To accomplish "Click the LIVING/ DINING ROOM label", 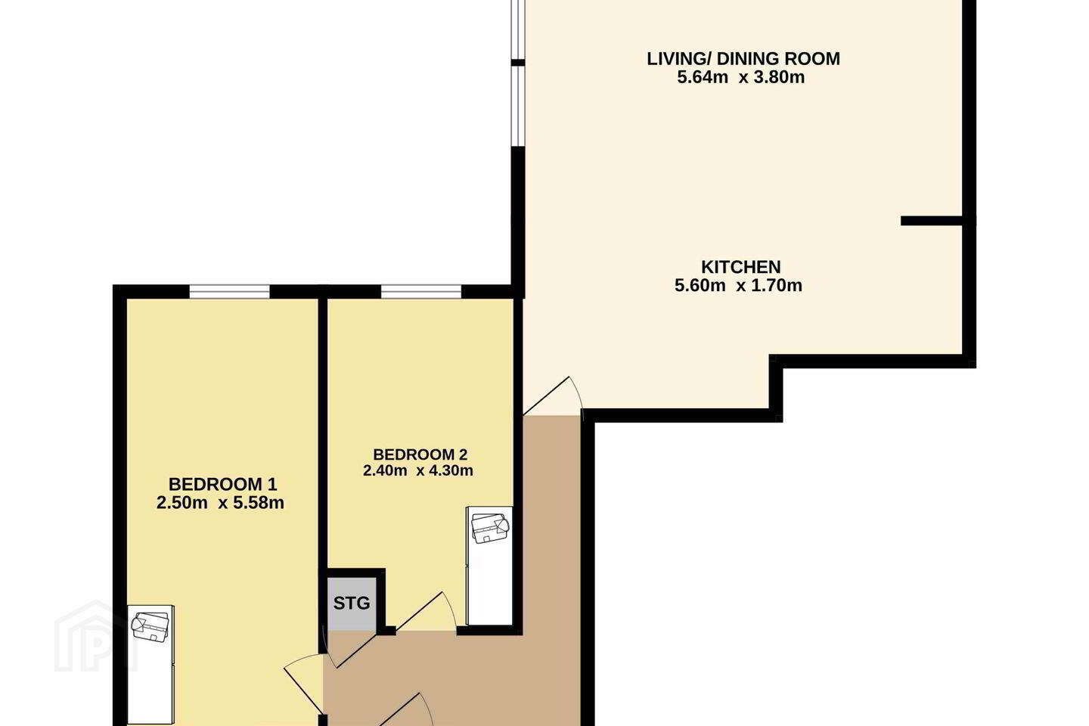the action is point(743,59).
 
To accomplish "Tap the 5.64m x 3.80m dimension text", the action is point(741,77).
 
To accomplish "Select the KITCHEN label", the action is point(741,267).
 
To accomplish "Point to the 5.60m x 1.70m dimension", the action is point(738,285).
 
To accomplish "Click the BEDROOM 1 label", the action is point(222,484).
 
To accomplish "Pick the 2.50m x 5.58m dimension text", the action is point(220,503).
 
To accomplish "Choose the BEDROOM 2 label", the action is point(420,455).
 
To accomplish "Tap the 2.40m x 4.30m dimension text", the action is point(418,470).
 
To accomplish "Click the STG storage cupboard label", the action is point(352,603).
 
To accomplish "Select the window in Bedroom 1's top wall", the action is point(229,292).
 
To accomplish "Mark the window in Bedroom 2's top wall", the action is point(421,292).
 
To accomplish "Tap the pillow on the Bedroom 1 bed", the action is point(150,628).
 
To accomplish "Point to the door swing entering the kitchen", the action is point(554,396).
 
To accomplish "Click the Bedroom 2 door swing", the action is point(427,612).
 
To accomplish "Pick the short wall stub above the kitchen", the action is point(932,221).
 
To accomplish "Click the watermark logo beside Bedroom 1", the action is point(96,637).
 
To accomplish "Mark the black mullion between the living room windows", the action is point(518,62).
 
